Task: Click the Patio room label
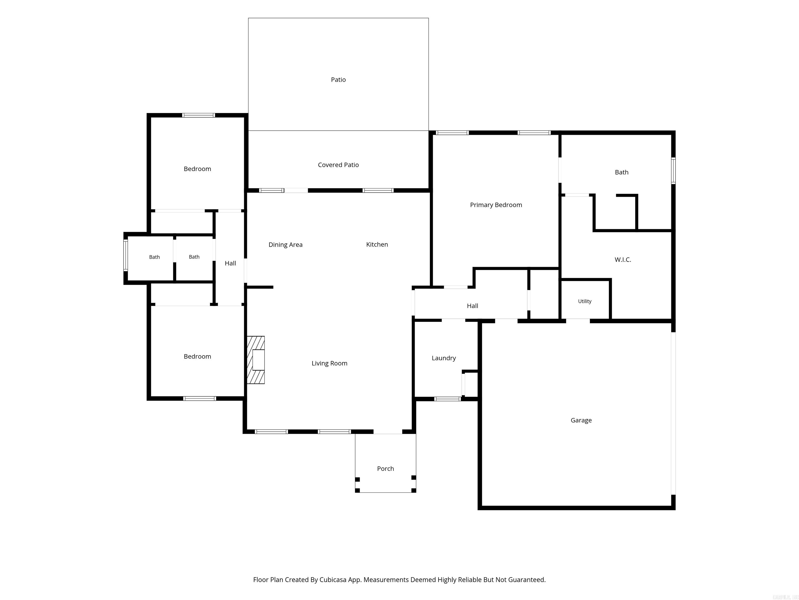tap(338, 80)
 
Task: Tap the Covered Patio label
tap(338, 165)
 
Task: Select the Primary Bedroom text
tap(496, 205)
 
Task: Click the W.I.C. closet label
tap(623, 260)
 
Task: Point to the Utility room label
tap(584, 301)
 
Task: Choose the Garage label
tap(581, 420)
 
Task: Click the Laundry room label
tap(443, 358)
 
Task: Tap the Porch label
tap(385, 469)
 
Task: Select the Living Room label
tap(330, 364)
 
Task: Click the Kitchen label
tap(377, 245)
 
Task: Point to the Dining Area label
tap(285, 245)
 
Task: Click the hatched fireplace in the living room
tap(256, 360)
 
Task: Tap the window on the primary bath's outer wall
tap(673, 171)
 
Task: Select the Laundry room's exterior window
tap(447, 399)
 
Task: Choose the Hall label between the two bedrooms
tap(230, 263)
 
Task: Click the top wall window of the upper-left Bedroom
tap(198, 115)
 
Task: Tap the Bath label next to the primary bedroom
tap(621, 172)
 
